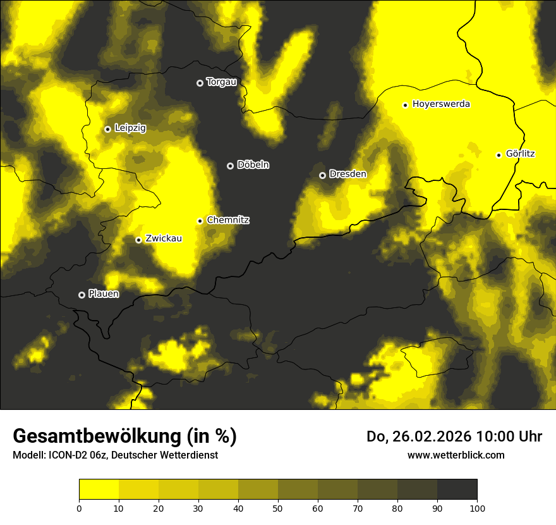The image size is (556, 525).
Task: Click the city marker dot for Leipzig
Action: pos(107,129)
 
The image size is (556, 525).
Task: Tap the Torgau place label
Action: pos(222,82)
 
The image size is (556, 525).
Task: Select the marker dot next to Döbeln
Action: pos(230,166)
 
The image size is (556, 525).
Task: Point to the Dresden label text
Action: pos(348,174)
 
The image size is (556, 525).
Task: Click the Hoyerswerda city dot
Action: pos(405,105)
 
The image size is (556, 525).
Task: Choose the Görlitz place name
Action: pos(521,154)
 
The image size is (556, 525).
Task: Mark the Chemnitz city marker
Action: pos(200,221)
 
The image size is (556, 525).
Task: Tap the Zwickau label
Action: pos(164,238)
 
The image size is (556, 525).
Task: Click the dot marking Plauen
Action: pos(82,295)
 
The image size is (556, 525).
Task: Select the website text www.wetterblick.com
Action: pos(456,455)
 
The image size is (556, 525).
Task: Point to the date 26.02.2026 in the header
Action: pos(432,436)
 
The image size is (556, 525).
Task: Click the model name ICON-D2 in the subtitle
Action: pos(67,455)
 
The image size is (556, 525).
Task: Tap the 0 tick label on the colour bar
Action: pos(79,507)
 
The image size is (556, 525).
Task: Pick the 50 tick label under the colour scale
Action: pos(278,507)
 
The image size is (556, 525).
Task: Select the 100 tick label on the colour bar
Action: pos(477,507)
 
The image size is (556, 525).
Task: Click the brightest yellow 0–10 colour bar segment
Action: pos(99,490)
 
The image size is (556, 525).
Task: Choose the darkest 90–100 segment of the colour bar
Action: pos(457,490)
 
